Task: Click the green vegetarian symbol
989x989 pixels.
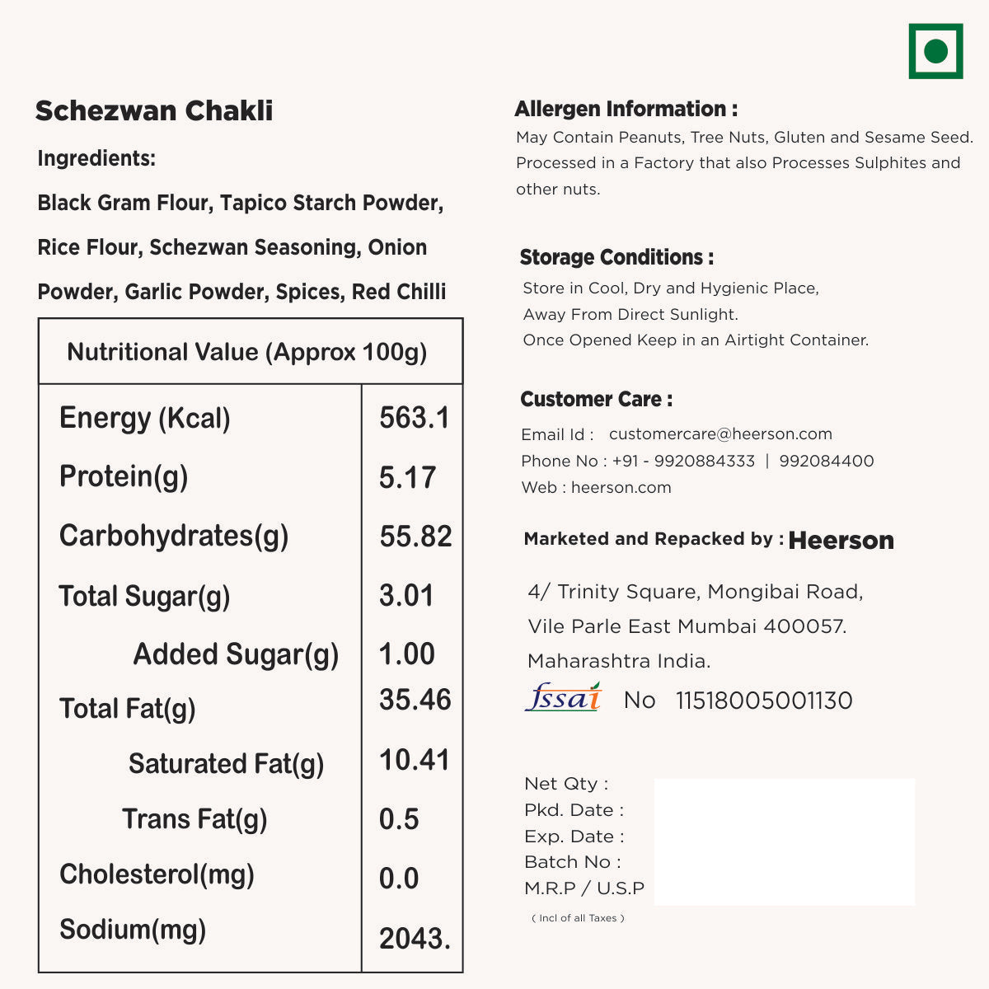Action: pos(935,51)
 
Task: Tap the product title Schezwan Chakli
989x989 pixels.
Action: pos(154,110)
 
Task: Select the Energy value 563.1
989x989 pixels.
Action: pos(415,418)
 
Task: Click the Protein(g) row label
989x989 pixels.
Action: pos(124,476)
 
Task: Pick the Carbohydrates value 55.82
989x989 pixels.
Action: pos(415,537)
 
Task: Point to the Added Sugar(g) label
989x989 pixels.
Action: pos(236,654)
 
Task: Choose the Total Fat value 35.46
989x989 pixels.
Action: pos(415,700)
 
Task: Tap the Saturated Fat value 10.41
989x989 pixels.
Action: pos(415,759)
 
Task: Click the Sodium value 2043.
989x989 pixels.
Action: pos(415,938)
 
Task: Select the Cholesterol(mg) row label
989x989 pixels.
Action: pos(157,874)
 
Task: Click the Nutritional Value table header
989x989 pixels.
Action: pos(247,352)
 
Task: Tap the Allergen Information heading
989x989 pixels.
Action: pos(626,109)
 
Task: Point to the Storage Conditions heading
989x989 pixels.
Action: pos(616,257)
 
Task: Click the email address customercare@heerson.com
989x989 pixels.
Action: pos(720,434)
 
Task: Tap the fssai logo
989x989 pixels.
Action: pos(564,698)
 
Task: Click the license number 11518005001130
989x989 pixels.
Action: pos(764,701)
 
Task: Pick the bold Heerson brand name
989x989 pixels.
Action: pos(841,541)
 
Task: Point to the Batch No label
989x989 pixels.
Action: pos(572,862)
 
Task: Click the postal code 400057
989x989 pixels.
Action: pos(804,626)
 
